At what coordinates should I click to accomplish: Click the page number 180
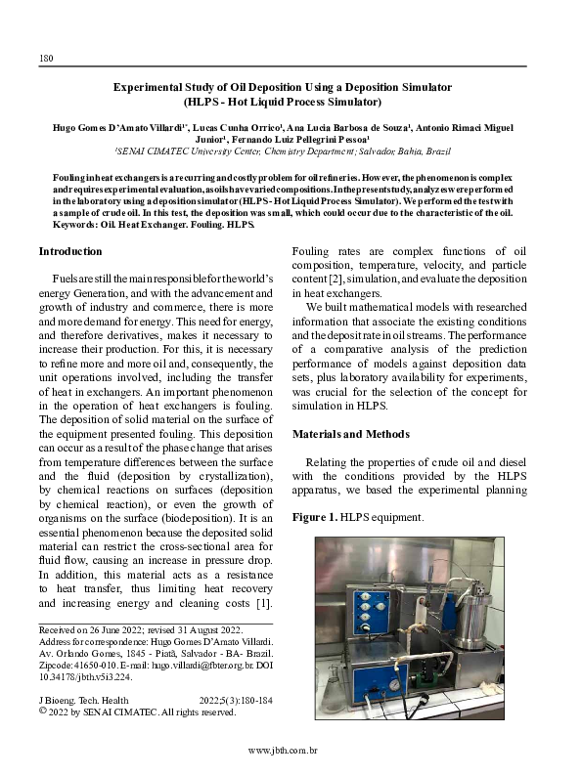(x=45, y=59)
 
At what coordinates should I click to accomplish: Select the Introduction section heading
(x=70, y=251)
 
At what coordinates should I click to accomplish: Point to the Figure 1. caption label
(x=315, y=516)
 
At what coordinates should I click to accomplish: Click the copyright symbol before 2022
(x=42, y=712)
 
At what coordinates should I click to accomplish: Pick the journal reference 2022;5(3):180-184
(x=236, y=701)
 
